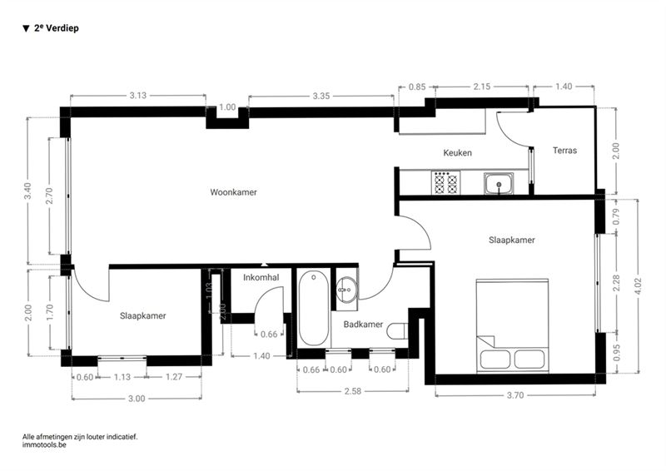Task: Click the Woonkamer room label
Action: coord(234,192)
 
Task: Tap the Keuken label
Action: coord(457,153)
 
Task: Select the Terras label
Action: coord(565,151)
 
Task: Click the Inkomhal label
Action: coord(261,278)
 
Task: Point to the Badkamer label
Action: coord(363,325)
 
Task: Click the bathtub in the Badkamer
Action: coord(314,308)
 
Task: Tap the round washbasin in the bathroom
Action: coord(346,290)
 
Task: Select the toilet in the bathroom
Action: coord(397,331)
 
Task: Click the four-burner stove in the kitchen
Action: coord(445,182)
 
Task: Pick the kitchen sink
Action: coord(499,183)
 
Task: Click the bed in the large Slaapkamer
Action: coord(512,325)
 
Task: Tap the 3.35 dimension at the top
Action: coord(321,96)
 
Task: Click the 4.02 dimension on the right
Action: coord(638,286)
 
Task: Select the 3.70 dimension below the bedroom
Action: coord(515,395)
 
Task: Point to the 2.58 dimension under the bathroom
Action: coord(352,391)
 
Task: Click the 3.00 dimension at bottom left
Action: coord(137,399)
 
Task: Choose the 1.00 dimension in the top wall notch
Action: coord(227,107)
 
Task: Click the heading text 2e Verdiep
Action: coord(56,28)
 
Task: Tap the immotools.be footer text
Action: coord(44,445)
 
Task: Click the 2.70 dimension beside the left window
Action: coord(49,196)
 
